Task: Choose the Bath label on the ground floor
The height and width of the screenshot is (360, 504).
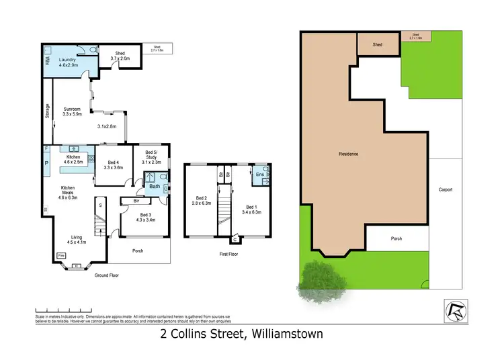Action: [155, 187]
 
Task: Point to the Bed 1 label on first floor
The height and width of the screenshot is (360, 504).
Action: [251, 206]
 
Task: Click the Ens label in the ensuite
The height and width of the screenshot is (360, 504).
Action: [260, 175]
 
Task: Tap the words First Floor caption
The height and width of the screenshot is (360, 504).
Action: [228, 255]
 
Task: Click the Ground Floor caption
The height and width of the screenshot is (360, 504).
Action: [106, 275]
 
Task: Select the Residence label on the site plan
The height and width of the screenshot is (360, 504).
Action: [348, 154]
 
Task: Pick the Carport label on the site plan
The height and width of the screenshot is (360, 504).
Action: [445, 189]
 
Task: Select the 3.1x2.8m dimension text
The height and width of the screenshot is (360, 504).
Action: [106, 126]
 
